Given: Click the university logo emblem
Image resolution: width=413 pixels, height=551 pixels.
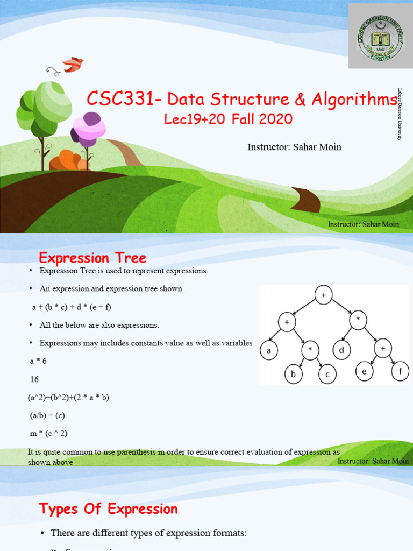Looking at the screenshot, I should [381, 36].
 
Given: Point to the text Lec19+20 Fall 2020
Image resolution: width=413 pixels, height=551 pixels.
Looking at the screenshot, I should [229, 119].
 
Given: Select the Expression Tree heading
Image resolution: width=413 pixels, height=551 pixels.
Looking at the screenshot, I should [92, 259].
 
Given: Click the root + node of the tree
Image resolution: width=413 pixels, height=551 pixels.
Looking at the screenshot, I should [324, 295].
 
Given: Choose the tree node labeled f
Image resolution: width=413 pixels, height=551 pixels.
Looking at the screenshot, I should [400, 371].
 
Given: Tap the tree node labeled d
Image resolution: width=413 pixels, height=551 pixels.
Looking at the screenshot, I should [341, 351].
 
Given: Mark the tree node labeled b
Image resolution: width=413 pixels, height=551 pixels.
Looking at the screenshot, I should [294, 374].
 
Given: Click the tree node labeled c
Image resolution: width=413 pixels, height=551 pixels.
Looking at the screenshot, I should [327, 374].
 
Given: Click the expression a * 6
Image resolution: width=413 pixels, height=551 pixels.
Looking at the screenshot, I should [38, 361].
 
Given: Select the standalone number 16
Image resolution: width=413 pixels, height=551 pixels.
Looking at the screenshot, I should [34, 379].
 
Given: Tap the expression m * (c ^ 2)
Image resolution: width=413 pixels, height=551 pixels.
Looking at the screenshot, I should [48, 433].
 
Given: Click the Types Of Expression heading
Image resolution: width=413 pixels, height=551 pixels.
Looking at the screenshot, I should [109, 509].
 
